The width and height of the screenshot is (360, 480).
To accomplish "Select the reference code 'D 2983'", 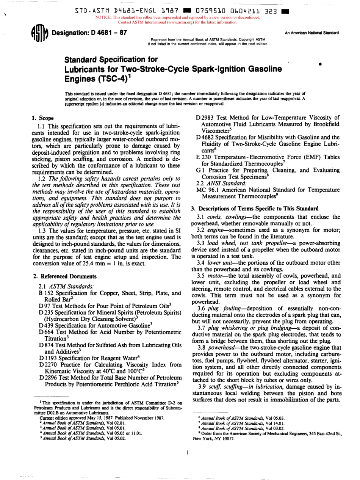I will pos(205,118).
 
